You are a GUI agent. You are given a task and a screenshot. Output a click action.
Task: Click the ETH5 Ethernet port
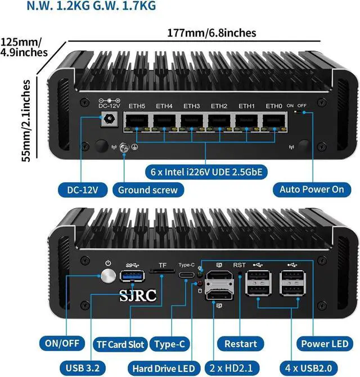coord(137,120)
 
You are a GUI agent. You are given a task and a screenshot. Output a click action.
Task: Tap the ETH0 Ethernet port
coord(274,120)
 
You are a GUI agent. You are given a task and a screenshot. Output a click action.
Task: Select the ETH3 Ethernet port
coord(192,120)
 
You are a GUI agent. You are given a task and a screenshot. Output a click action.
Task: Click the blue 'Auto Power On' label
coord(312,189)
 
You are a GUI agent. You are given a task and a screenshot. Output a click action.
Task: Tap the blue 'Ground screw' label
coord(147,190)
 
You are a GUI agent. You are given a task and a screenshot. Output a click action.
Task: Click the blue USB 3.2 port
coord(129,276)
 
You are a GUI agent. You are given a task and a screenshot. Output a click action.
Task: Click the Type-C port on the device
coord(187,276)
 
